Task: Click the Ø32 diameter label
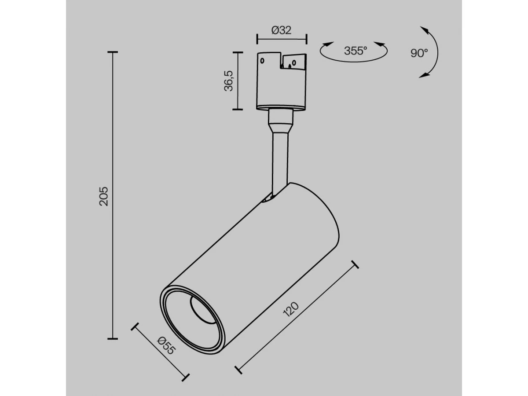point(282,30)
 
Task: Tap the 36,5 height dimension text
point(228,81)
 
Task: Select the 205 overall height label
point(104,196)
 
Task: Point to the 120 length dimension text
point(291,309)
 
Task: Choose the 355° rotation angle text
point(356,51)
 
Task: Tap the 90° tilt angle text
point(419,53)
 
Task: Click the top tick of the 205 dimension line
point(113,52)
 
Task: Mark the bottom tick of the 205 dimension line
point(113,338)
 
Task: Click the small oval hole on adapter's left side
point(262,61)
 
